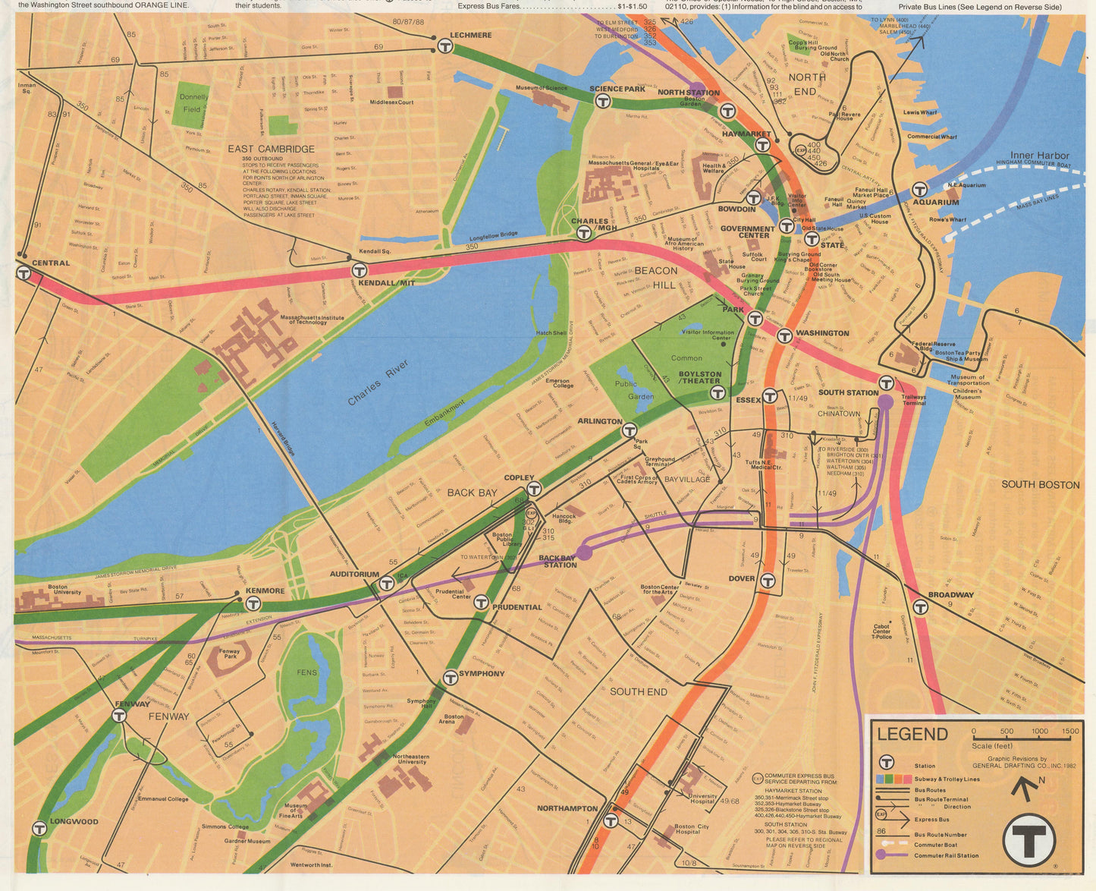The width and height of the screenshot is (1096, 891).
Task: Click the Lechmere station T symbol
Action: click(x=445, y=46)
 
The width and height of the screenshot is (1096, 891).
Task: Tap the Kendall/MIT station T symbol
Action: click(x=360, y=270)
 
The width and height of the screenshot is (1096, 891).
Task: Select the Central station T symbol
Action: click(x=24, y=272)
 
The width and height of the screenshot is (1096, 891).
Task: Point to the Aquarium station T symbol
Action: click(x=919, y=189)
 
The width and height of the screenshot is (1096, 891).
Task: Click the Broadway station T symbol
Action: click(x=920, y=607)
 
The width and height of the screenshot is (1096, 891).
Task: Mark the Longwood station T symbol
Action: click(x=39, y=828)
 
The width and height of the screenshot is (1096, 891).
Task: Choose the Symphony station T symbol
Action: click(x=450, y=677)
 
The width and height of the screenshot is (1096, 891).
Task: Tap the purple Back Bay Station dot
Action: click(x=583, y=552)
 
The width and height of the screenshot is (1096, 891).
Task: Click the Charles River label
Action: click(x=378, y=382)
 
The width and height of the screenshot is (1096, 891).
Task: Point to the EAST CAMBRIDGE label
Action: click(x=271, y=149)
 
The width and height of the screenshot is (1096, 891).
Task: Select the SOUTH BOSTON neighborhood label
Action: click(x=1040, y=484)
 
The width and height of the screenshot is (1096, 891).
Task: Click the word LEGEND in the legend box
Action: click(x=912, y=734)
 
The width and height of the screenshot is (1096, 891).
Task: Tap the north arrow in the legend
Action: click(x=1025, y=789)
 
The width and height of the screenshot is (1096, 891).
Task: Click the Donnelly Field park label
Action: click(x=193, y=103)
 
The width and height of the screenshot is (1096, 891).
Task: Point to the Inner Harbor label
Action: click(x=1039, y=155)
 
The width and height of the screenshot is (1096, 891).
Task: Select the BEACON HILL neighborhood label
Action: click(x=655, y=278)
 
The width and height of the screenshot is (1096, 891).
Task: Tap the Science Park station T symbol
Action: click(x=603, y=101)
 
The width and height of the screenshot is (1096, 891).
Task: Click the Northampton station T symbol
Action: click(x=611, y=820)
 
